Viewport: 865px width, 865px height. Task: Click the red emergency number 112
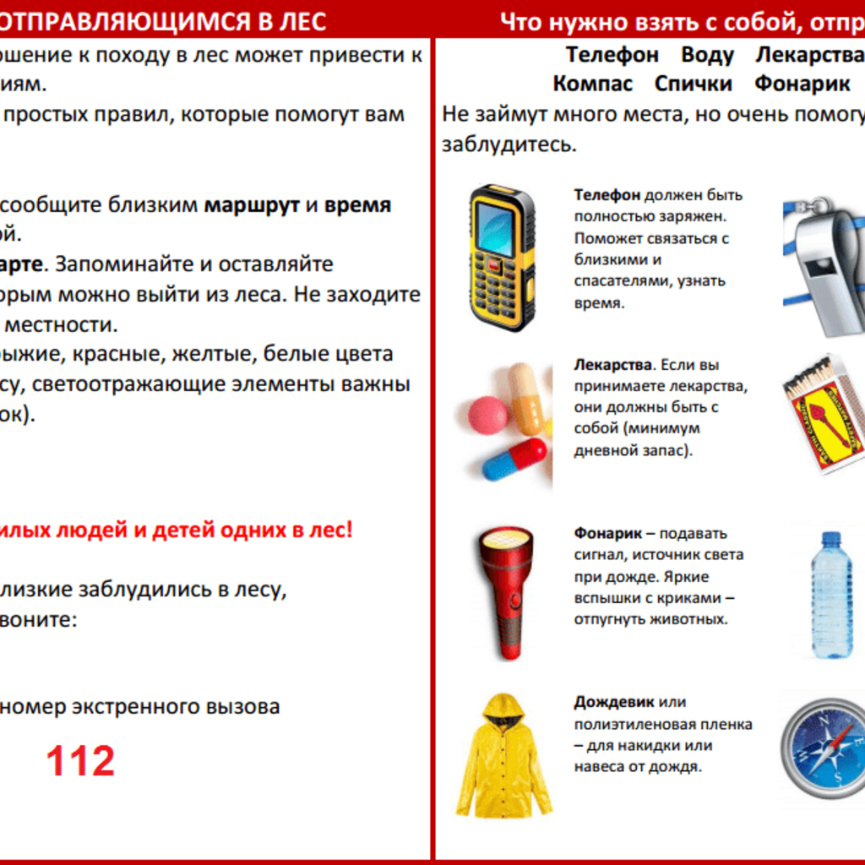coord(80,761)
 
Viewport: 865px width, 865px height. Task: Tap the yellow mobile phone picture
coord(502,258)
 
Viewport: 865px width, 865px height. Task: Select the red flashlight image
coord(505,591)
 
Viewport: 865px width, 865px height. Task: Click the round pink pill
coord(488,415)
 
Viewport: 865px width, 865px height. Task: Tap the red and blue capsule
coord(514,459)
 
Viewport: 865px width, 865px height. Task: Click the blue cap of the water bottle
coord(831,538)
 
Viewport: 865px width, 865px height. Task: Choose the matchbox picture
coord(824,414)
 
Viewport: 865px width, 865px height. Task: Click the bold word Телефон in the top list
coord(612,55)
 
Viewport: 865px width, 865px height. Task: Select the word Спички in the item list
coord(693,84)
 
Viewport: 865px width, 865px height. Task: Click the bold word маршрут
coord(252,205)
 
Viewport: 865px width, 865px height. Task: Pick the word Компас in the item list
coord(592,84)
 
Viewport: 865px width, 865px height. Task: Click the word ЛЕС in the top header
coord(302,20)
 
